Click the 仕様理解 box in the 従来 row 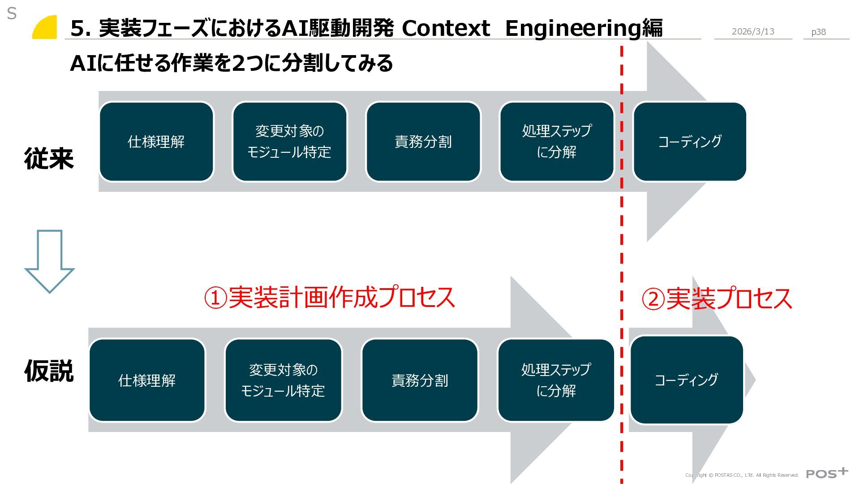tap(156, 142)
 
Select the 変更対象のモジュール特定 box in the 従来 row tap(289, 142)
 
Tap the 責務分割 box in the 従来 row tap(423, 142)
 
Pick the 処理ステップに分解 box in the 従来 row tap(556, 142)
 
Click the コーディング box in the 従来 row tap(689, 142)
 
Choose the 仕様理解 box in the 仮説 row tap(147, 380)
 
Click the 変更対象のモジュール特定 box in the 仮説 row tap(283, 380)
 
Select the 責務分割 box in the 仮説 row tap(420, 380)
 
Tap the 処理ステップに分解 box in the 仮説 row tap(556, 380)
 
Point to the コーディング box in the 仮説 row tap(686, 380)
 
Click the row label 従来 tap(49, 159)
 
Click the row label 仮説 tap(49, 371)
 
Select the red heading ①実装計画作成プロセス tap(330, 298)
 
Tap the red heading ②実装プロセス tap(717, 299)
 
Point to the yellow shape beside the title tap(45, 28)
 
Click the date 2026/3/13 tap(753, 31)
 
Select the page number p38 tap(818, 32)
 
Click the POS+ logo tap(827, 473)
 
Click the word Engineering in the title tap(573, 28)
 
